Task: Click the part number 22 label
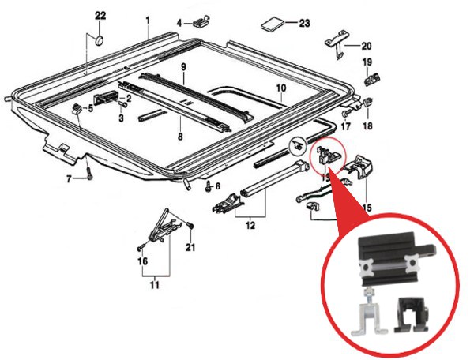click(x=100, y=16)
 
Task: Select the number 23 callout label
click(x=304, y=24)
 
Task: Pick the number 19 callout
click(x=367, y=62)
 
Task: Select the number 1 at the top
click(x=147, y=17)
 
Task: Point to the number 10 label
click(x=280, y=88)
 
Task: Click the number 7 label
click(x=70, y=179)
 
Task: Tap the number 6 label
click(x=218, y=186)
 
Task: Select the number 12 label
click(x=251, y=227)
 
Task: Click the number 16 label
click(x=142, y=261)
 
